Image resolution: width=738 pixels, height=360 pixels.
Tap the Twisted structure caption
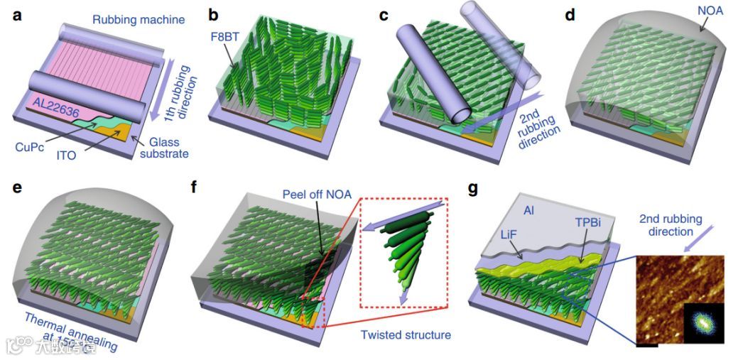point(405,334)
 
